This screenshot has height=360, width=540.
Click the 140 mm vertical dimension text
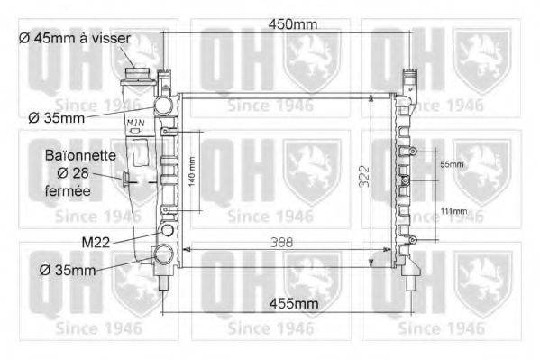pos(191,171)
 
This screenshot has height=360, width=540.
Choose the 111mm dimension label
pos(453,211)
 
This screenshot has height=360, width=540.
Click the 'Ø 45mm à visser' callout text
pos(75,38)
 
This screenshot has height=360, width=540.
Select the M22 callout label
pos(97,242)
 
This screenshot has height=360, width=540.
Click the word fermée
pos(68,191)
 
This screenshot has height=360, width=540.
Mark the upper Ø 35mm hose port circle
pos(163,107)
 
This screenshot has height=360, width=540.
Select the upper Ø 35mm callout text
pos(57,117)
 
